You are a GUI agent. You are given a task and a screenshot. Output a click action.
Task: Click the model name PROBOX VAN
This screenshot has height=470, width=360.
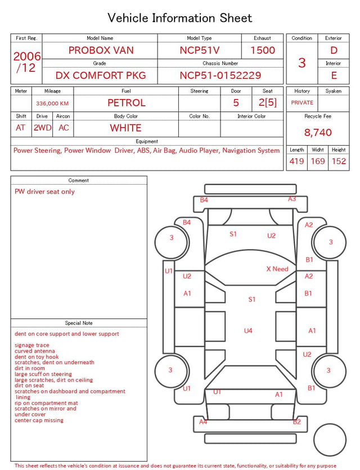pos(101,50)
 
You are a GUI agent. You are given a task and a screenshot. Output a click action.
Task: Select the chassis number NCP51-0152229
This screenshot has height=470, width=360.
pos(220,75)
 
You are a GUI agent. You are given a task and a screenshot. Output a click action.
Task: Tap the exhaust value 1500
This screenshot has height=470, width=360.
pos(263,50)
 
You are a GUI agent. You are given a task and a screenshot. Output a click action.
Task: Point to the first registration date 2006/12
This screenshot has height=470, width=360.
pos(26,62)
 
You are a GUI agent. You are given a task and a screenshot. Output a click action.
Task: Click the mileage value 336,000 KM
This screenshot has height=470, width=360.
pos(52,104)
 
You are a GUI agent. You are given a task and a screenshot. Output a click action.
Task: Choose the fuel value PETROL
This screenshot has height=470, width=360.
pos(127,103)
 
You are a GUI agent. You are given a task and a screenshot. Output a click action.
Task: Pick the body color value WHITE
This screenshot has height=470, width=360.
pos(125,128)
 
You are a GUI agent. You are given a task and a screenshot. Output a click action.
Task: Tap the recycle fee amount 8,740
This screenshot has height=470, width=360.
pos(318,132)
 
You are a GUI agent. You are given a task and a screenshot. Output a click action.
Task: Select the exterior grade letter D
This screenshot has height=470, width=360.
pos(334,50)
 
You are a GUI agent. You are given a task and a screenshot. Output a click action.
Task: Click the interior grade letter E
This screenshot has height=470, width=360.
pos(334,75)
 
